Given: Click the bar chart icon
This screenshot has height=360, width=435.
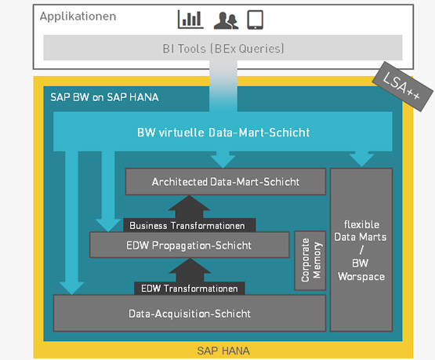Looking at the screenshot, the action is tap(190, 20).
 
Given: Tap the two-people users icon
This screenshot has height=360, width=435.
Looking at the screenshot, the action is tap(226, 20).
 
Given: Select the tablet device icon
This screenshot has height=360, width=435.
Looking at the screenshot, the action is tap(256, 20).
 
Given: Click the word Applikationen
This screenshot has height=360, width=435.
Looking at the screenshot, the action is tap(78, 16).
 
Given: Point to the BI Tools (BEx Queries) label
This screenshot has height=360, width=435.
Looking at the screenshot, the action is tap(223, 49).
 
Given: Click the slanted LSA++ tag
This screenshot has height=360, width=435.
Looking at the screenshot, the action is tap(403, 86).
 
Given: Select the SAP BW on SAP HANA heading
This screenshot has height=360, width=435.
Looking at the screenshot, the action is tap(104, 97).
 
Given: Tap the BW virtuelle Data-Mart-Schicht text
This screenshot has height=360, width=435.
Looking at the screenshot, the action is tap(223, 133).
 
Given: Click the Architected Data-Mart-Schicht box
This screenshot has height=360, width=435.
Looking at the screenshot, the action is tap(226, 182).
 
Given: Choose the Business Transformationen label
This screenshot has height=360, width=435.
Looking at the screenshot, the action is tap(187, 226).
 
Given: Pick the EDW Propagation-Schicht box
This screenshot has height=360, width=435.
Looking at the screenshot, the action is tap(189, 245).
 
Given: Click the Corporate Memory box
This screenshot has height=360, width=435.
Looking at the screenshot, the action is tap(310, 260).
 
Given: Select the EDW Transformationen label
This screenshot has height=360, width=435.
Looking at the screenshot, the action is tap(190, 289).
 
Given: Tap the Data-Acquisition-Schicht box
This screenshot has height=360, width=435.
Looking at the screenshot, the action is tap(190, 314).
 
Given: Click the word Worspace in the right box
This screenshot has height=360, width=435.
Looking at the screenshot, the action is tap(361, 277).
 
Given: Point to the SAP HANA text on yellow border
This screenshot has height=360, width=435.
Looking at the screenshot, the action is tap(223, 351).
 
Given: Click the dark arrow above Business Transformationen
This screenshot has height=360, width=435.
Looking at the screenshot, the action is tap(189, 207).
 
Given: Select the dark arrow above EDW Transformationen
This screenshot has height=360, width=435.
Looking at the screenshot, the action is tap(190, 271).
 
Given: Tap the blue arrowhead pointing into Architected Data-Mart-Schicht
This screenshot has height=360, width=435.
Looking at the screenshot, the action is tap(223, 160).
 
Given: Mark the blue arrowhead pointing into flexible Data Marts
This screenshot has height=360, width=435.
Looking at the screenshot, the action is tap(361, 159).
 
